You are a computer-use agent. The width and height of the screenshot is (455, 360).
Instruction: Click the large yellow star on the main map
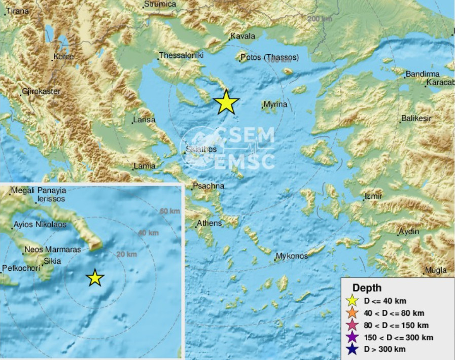[226, 102]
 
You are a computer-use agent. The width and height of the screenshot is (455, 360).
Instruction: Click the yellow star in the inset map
[95, 277]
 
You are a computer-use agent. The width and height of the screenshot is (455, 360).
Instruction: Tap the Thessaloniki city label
[181, 55]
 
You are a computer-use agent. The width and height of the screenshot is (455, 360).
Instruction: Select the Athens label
[209, 223]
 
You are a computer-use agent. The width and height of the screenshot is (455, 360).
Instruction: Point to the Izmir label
[373, 196]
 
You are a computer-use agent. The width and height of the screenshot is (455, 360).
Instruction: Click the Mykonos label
[292, 256]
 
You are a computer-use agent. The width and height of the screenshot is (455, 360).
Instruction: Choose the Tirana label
[17, 11]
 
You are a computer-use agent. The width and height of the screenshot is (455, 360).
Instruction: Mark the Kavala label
[242, 37]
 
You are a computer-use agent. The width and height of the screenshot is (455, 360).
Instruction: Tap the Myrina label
[275, 104]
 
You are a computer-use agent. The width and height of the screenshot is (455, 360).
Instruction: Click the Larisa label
[144, 121]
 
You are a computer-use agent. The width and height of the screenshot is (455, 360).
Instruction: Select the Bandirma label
[422, 75]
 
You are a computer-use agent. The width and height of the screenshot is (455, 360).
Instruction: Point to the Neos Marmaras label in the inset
[53, 250]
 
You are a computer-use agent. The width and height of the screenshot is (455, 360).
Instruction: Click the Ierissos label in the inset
[51, 200]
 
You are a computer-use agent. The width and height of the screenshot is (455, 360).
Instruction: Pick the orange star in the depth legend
[354, 313]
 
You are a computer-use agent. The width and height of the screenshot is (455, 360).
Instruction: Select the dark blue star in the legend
[354, 349]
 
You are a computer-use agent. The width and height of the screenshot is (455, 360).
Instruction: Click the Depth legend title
[367, 287]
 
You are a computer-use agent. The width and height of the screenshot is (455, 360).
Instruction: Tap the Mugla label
[436, 270]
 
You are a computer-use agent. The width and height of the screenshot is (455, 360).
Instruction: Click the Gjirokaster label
[41, 92]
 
